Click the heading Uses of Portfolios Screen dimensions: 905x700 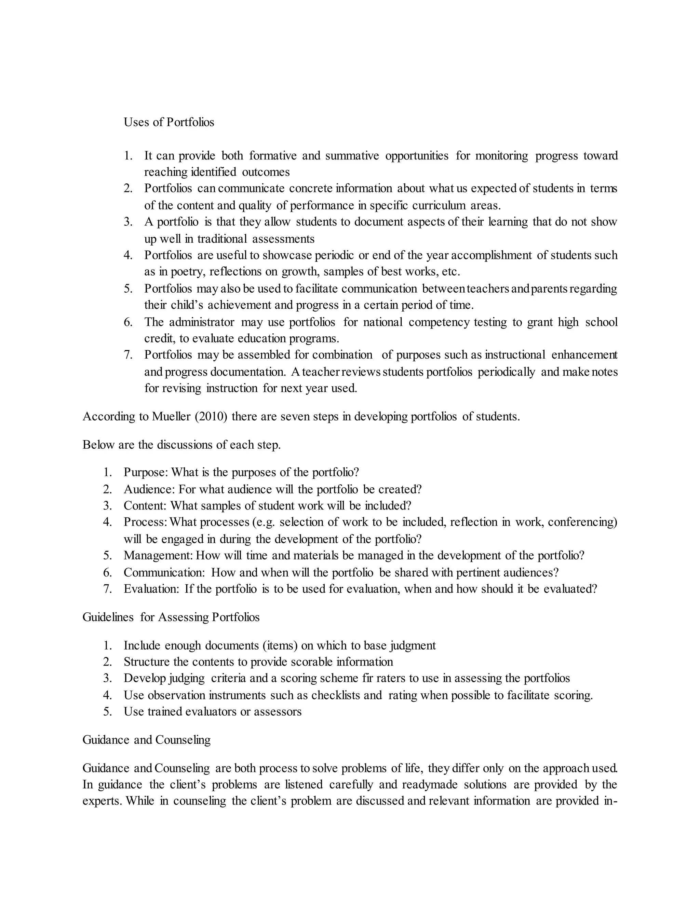pyautogui.click(x=169, y=122)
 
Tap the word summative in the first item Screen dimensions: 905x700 pyautogui.click(x=352, y=156)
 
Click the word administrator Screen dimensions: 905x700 pyautogui.click(x=202, y=322)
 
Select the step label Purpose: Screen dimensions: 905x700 pyautogui.click(x=146, y=472)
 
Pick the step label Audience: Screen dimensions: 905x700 pyautogui.click(x=149, y=489)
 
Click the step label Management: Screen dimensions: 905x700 pyautogui.click(x=158, y=556)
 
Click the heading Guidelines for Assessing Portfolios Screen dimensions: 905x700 pyautogui.click(x=171, y=617)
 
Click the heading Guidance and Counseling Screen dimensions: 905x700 pyautogui.click(x=146, y=740)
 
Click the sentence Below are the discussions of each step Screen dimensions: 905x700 pyautogui.click(x=181, y=445)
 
